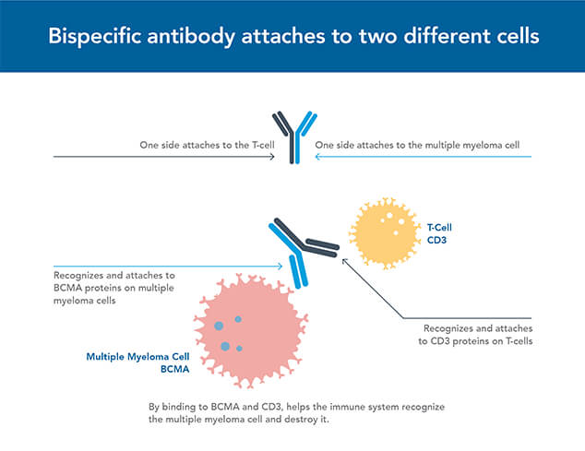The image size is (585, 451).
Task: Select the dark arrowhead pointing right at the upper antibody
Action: [x=272, y=157]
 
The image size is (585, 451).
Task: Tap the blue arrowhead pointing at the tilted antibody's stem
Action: [x=281, y=267]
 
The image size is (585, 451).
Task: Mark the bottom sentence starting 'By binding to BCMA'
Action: [x=292, y=412]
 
